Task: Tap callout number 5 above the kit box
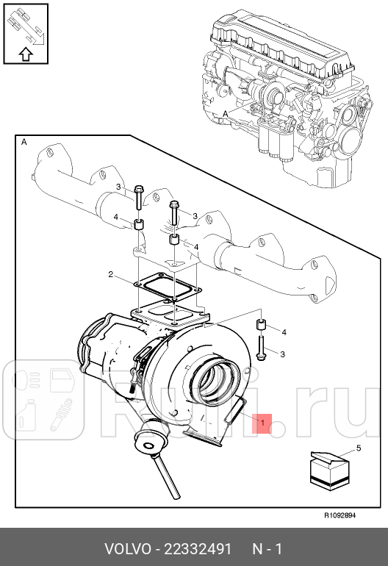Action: (359, 448)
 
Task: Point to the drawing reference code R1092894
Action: (339, 515)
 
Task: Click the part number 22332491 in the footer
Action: (198, 549)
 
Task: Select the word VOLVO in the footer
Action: (127, 549)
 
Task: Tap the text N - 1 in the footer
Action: (267, 549)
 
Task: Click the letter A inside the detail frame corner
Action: (24, 141)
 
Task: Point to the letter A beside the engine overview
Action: (224, 113)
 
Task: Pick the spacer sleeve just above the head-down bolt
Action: (261, 325)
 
